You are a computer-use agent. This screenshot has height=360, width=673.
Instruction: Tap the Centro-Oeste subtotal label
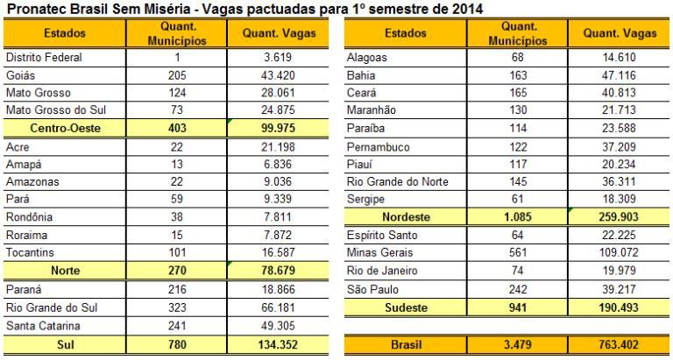tap(57, 126)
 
